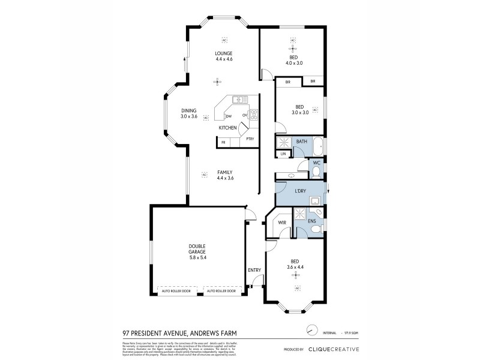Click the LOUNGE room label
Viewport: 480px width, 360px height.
[224, 53]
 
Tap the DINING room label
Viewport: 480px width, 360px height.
[189, 110]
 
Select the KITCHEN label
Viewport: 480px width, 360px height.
[227, 128]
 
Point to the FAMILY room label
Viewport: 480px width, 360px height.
[225, 172]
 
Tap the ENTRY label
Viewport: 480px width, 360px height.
[254, 270]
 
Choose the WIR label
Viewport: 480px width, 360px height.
[281, 223]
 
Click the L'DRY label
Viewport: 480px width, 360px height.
[300, 191]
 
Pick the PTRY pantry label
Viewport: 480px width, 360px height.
[249, 139]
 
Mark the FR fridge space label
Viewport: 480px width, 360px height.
[223, 142]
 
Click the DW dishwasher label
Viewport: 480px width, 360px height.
[229, 116]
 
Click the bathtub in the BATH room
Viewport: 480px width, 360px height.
[318, 146]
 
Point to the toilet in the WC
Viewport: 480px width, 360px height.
[316, 172]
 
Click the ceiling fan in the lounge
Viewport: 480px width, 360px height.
[218, 82]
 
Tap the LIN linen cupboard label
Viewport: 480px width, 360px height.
[283, 154]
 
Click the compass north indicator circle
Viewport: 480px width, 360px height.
[311, 330]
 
